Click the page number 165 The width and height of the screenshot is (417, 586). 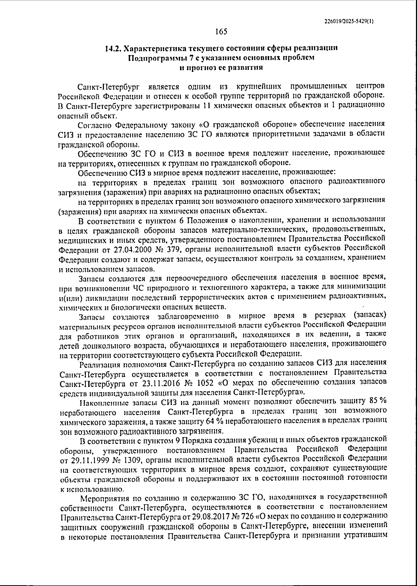(221, 32)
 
